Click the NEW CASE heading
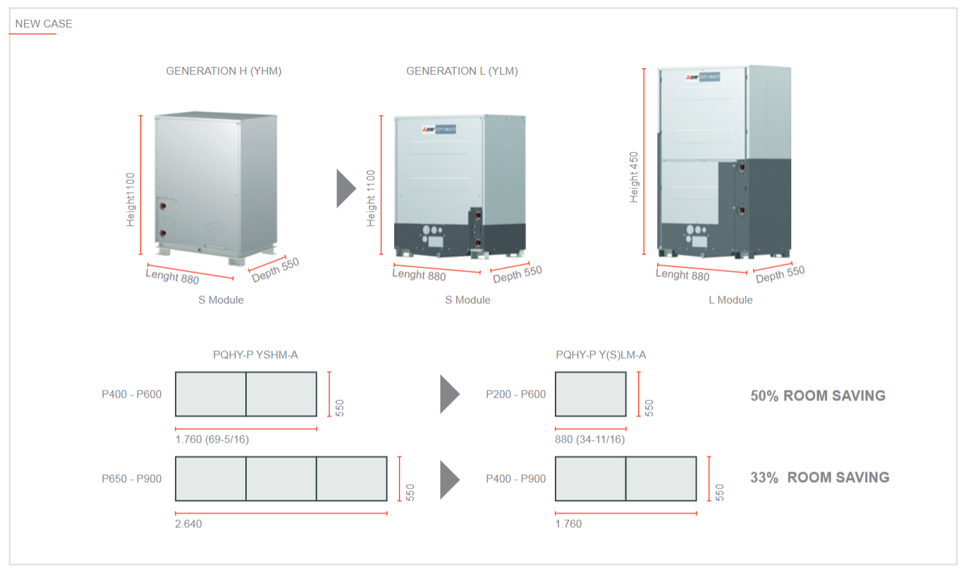(x=44, y=24)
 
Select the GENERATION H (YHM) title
(x=224, y=71)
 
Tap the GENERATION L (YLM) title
(x=462, y=71)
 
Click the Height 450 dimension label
(x=633, y=177)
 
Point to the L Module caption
(x=730, y=300)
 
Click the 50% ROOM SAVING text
(x=818, y=396)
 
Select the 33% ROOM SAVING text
(x=820, y=478)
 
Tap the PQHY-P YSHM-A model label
(x=255, y=355)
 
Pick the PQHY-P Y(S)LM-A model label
(x=601, y=355)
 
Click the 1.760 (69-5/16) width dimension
(x=212, y=439)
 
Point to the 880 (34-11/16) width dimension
(x=590, y=439)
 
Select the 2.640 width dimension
(x=188, y=524)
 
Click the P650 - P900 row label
(x=132, y=479)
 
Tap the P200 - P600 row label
(x=515, y=395)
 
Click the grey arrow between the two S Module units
(x=346, y=188)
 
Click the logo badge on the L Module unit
(x=703, y=77)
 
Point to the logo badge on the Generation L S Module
(x=439, y=129)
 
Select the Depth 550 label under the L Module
(x=780, y=274)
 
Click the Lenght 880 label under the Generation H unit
(x=172, y=276)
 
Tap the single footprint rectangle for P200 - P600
(x=591, y=394)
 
